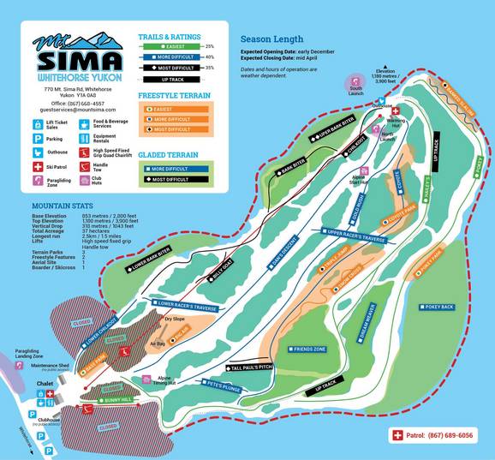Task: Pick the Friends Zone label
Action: click(x=308, y=349)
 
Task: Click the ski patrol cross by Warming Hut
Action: click(x=395, y=111)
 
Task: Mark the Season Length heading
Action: click(x=273, y=39)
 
